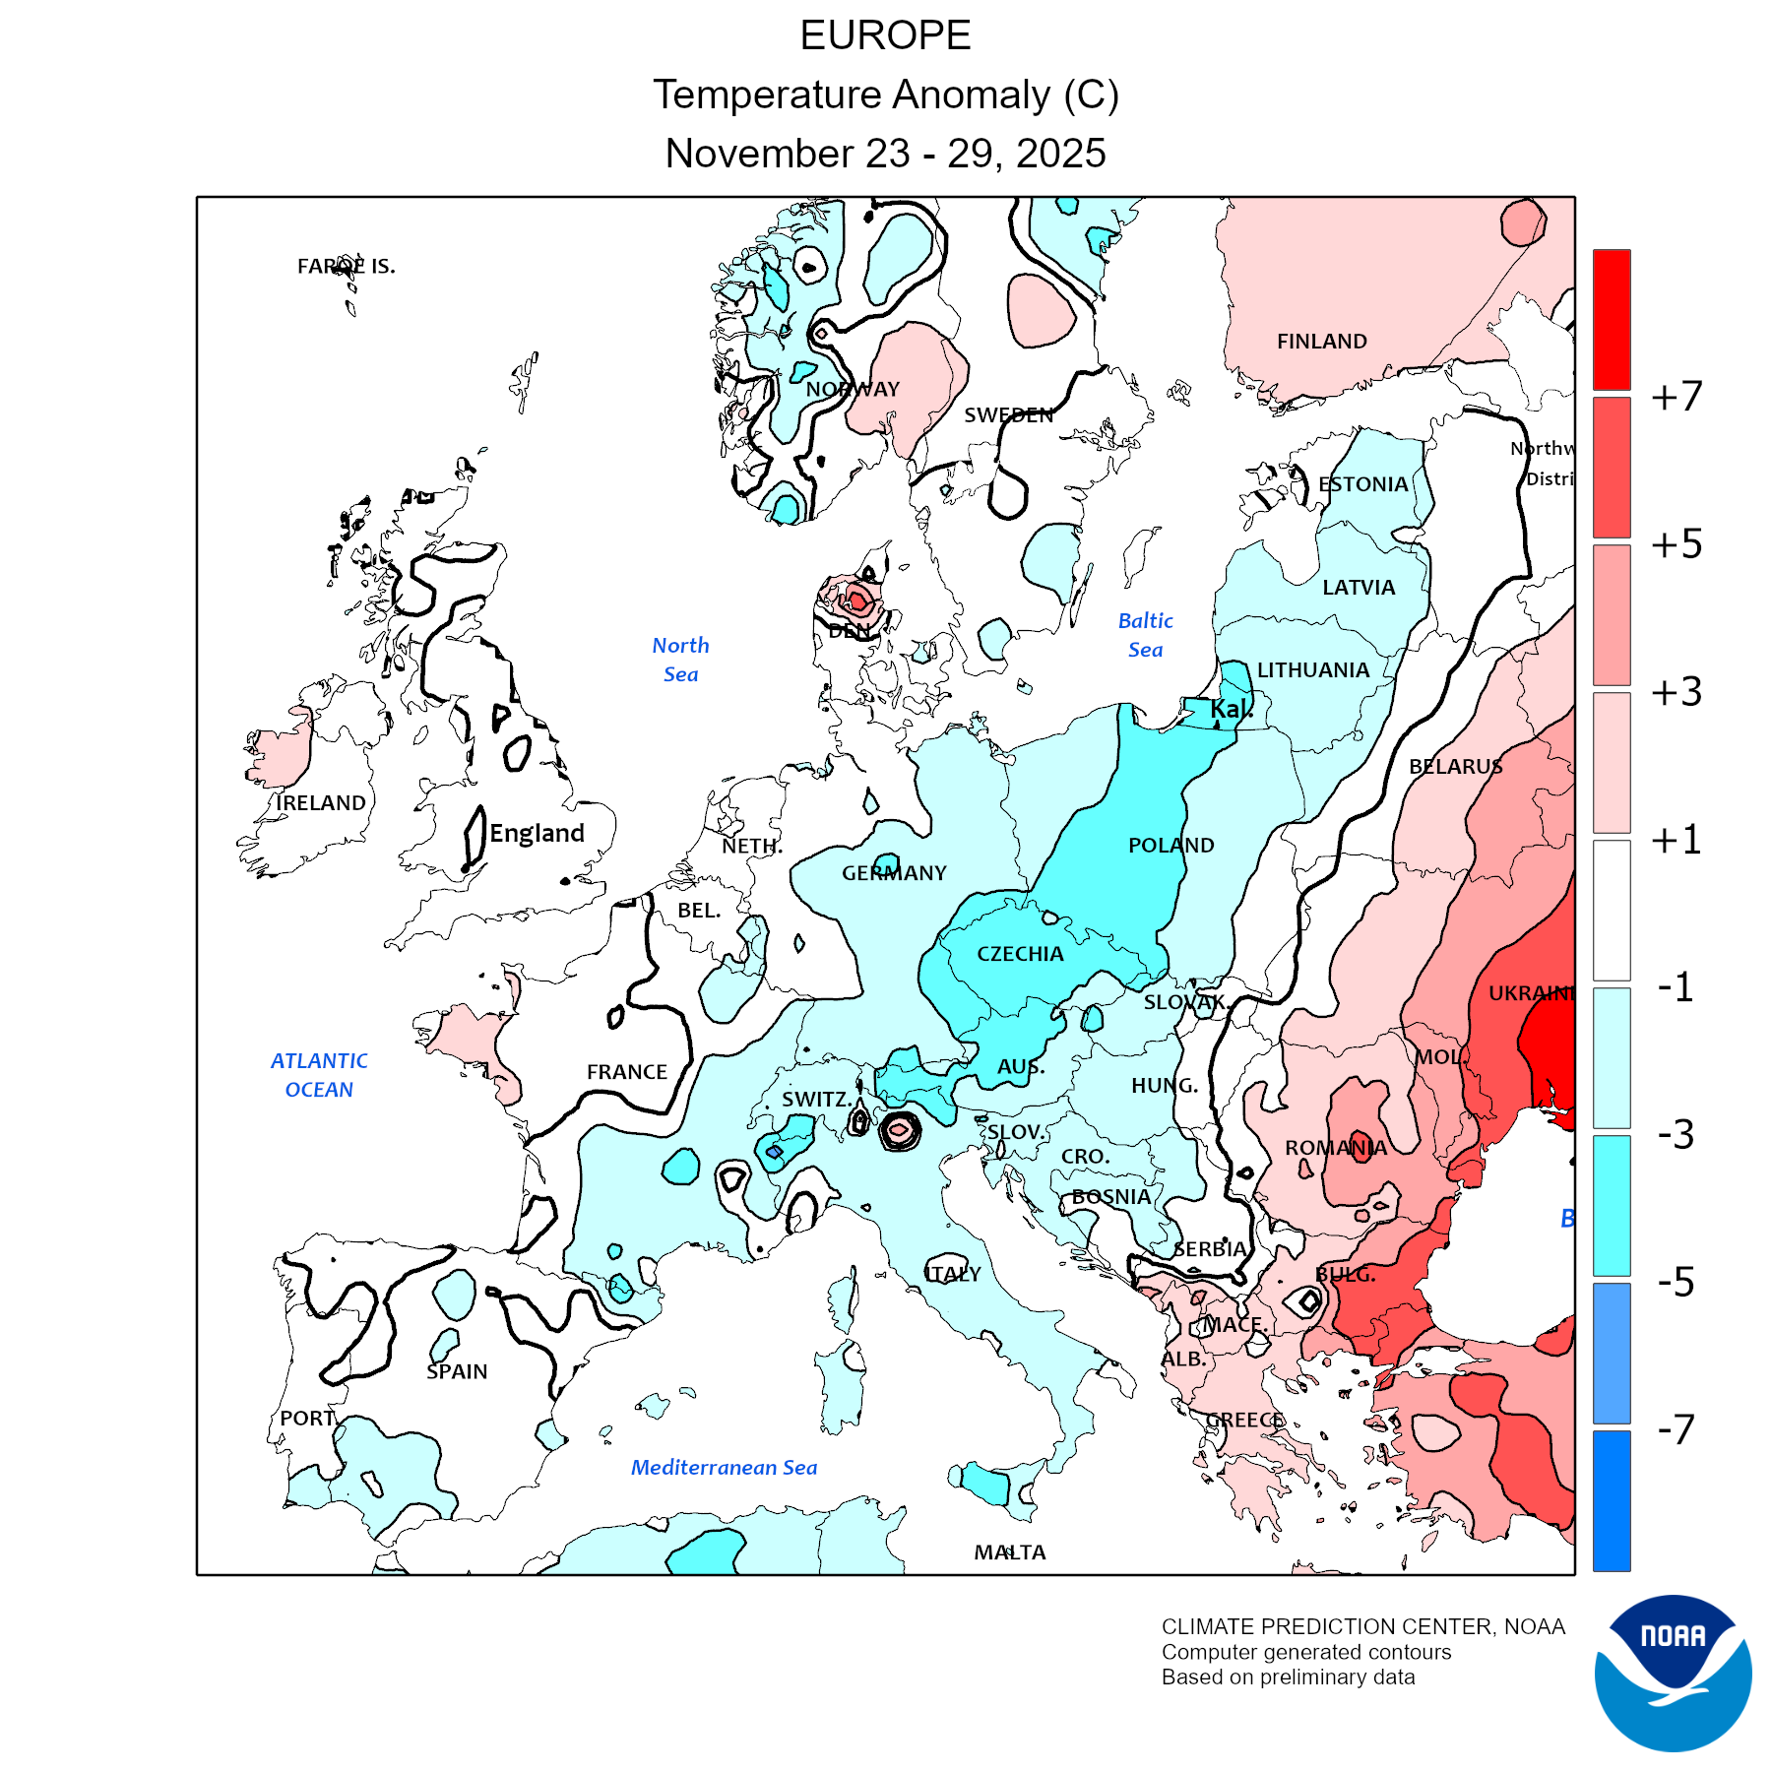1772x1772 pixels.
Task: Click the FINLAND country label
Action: pos(1321,342)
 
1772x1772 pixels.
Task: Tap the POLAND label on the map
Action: pos(1171,845)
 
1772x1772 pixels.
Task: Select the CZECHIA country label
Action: pos(1020,953)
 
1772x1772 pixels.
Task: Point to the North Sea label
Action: pos(680,660)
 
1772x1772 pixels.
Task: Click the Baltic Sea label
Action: pos(1145,635)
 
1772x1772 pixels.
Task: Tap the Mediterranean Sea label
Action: pos(724,1467)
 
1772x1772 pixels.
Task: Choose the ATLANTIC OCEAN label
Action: pos(319,1075)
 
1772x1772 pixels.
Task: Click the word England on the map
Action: pos(537,833)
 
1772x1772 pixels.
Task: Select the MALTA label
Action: pos(1010,1552)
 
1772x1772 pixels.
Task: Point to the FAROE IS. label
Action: pos(346,266)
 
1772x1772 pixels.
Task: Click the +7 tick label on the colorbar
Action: pos(1677,397)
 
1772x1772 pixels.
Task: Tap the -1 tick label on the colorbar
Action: pos(1677,986)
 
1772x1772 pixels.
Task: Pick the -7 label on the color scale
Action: pos(1677,1428)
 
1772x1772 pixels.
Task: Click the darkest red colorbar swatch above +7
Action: pos(1612,319)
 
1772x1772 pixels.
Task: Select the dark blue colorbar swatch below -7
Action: pos(1612,1500)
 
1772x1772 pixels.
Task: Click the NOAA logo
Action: pos(1673,1673)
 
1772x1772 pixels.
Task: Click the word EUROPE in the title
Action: pos(885,36)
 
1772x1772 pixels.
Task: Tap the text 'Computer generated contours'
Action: pos(1306,1652)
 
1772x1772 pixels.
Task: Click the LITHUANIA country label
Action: pos(1313,670)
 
